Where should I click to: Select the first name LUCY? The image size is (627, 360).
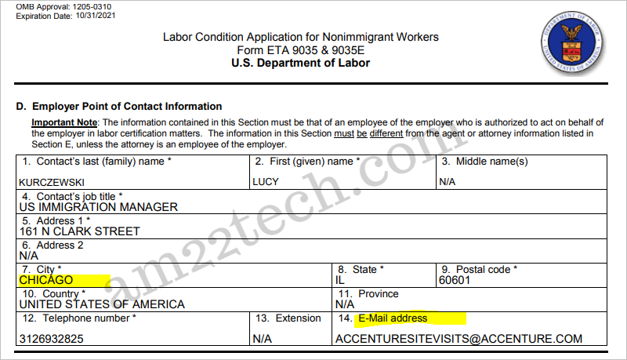(x=265, y=181)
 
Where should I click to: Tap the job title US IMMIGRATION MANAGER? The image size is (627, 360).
(x=98, y=207)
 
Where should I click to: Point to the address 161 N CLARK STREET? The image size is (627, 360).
(x=79, y=231)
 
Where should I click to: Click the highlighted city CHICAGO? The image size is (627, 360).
(x=46, y=280)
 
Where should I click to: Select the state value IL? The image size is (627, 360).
(x=339, y=280)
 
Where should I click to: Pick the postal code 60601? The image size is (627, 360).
(x=455, y=280)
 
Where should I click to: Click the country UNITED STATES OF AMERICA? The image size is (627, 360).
(x=102, y=304)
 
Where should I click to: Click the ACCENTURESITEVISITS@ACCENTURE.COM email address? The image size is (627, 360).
(x=458, y=340)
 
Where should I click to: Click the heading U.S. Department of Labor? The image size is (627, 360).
(x=300, y=63)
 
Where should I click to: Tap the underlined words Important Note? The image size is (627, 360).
(x=64, y=122)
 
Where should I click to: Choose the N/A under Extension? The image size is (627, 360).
(x=262, y=340)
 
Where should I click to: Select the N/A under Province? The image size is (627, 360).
(x=345, y=304)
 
